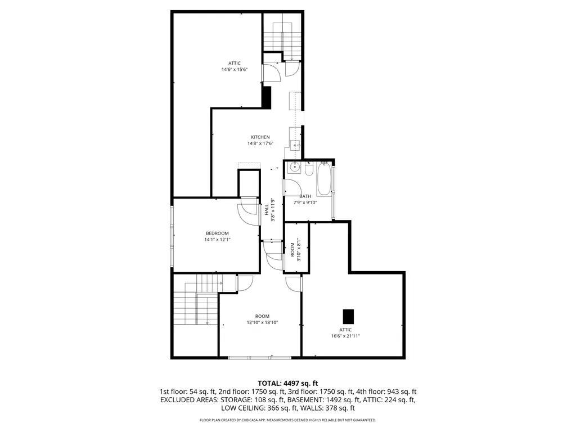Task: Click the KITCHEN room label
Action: (260, 137)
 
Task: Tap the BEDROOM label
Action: (217, 233)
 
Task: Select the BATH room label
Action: (305, 196)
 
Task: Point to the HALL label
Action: (266, 210)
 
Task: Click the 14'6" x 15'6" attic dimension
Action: (235, 69)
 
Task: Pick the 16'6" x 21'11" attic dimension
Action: (345, 336)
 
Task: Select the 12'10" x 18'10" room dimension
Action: (262, 322)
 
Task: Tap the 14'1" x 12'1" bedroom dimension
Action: (217, 240)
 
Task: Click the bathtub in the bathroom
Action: (324, 179)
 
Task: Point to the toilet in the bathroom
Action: (309, 169)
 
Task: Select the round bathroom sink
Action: (294, 168)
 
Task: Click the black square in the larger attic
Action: (348, 317)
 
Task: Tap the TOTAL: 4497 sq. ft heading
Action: (287, 384)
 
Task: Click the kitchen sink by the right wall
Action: (295, 146)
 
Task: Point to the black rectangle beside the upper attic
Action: (266, 97)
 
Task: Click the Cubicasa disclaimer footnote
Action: (287, 420)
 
